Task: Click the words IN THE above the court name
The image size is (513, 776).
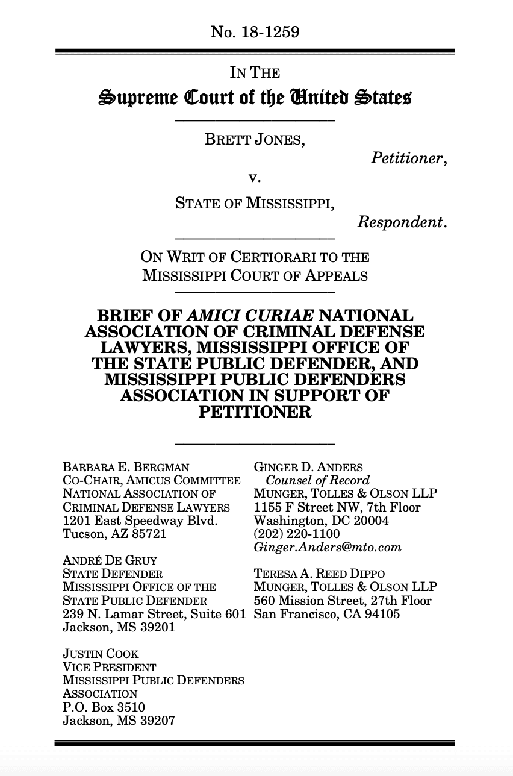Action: (255, 73)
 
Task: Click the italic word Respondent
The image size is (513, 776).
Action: (402, 222)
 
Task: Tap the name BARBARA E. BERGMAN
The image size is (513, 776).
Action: (126, 467)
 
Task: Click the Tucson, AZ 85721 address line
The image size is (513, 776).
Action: (114, 533)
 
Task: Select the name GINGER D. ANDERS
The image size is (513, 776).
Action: (308, 467)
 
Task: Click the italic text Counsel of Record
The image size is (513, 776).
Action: (317, 480)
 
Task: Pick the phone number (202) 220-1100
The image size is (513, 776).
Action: (297, 533)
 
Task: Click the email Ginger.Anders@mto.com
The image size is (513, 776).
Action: (328, 547)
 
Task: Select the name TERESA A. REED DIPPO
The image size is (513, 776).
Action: (319, 574)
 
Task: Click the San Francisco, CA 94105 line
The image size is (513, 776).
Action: (327, 614)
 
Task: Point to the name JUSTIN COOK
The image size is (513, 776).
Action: (101, 654)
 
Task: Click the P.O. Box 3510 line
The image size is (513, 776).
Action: (104, 707)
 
